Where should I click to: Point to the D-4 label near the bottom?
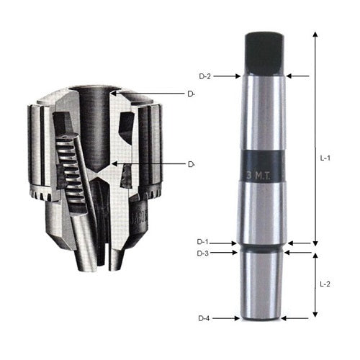click(206, 318)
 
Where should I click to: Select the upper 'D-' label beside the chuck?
click(192, 94)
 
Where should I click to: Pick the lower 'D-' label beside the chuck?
click(192, 164)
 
